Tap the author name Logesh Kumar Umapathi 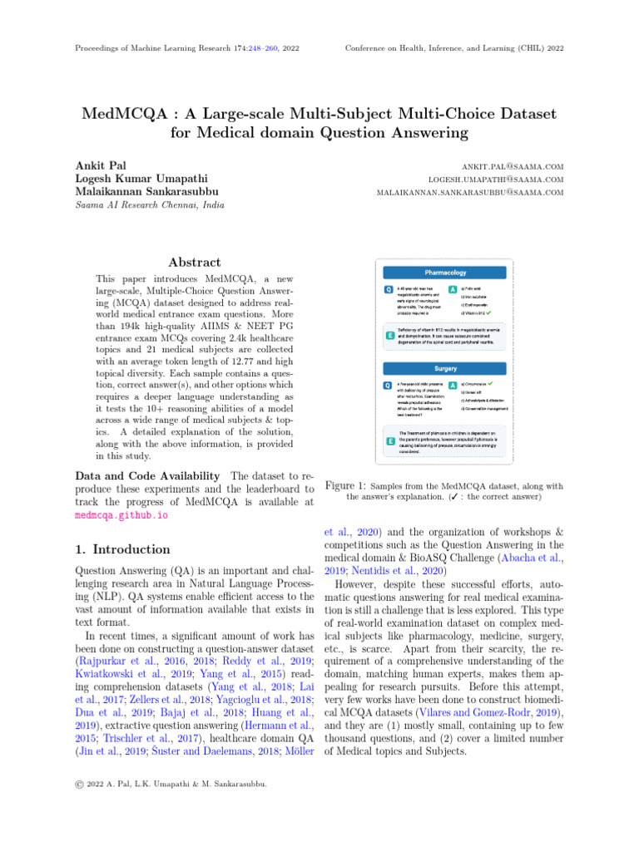(x=141, y=179)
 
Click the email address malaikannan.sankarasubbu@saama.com (x=470, y=193)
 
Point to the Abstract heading (x=194, y=262)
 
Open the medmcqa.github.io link (x=121, y=515)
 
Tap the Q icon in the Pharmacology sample (x=388, y=290)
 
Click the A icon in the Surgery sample (x=452, y=386)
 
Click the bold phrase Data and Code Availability (x=147, y=475)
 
